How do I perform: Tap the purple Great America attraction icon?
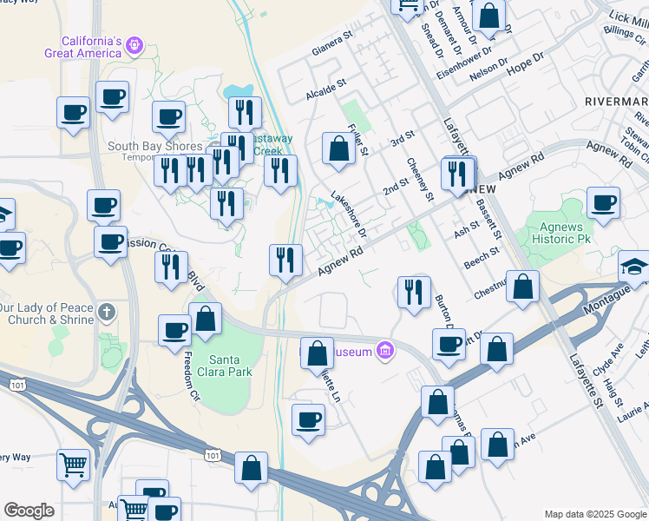coord(134,43)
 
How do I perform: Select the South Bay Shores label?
coord(154,147)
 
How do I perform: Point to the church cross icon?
coord(106,312)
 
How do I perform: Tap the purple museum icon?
coord(385,352)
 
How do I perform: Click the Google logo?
coord(29,511)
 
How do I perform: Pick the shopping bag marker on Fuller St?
coord(338,148)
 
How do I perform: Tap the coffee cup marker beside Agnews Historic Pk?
coord(603,202)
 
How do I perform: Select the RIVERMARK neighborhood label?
coord(617,100)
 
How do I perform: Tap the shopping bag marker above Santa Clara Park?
coord(206,318)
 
